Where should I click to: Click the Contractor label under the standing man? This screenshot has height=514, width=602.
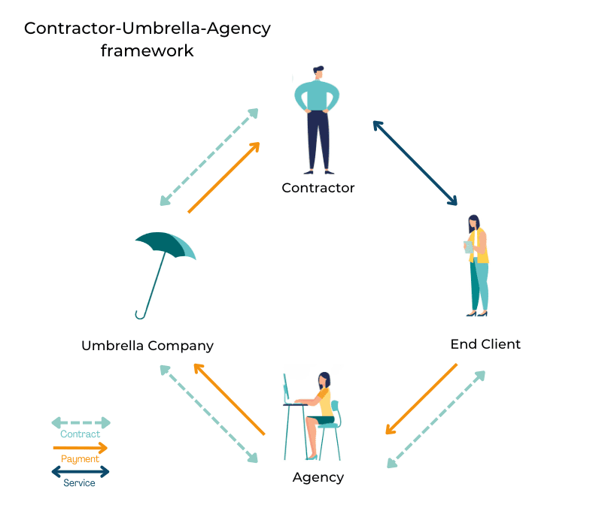coord(318,188)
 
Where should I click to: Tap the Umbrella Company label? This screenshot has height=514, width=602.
coord(147,346)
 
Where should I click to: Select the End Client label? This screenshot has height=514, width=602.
coord(485,344)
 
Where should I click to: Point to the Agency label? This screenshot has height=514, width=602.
coord(318,477)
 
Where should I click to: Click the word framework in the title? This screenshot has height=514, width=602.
coord(147,51)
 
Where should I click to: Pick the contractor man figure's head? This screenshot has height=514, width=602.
coord(318,73)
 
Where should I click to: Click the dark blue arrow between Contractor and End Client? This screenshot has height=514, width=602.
coord(415,162)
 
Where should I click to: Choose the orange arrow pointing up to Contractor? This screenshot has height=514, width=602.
coord(223,177)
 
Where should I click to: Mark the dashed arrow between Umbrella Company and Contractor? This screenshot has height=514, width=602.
coord(208,157)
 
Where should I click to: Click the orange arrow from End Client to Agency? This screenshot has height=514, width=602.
coord(421,399)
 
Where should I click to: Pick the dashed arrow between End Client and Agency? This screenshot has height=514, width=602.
coord(436,419)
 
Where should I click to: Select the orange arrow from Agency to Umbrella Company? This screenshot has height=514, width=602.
coord(230,399)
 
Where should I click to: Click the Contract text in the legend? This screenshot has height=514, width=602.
coord(80,434)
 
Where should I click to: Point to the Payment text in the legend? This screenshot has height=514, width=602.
coord(80,459)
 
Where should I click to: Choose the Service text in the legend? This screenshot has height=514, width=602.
coord(79,483)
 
